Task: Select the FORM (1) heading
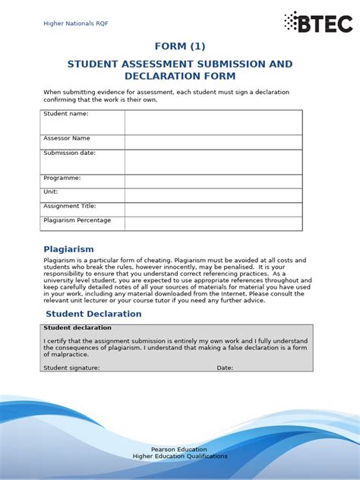[180, 46]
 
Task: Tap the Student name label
[66, 114]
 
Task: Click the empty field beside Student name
[213, 122]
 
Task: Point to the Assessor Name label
[67, 138]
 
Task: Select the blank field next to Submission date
[213, 162]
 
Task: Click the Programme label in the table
[62, 178]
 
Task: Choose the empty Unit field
[213, 195]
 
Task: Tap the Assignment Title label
[70, 206]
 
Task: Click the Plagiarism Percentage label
[77, 220]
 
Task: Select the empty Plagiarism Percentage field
[213, 223]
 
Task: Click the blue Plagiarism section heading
[69, 249]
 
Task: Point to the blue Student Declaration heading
[93, 314]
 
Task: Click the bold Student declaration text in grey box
[77, 328]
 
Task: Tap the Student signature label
[71, 368]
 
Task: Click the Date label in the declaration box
[225, 368]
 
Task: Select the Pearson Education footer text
[180, 450]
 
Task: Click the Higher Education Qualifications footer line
[180, 456]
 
